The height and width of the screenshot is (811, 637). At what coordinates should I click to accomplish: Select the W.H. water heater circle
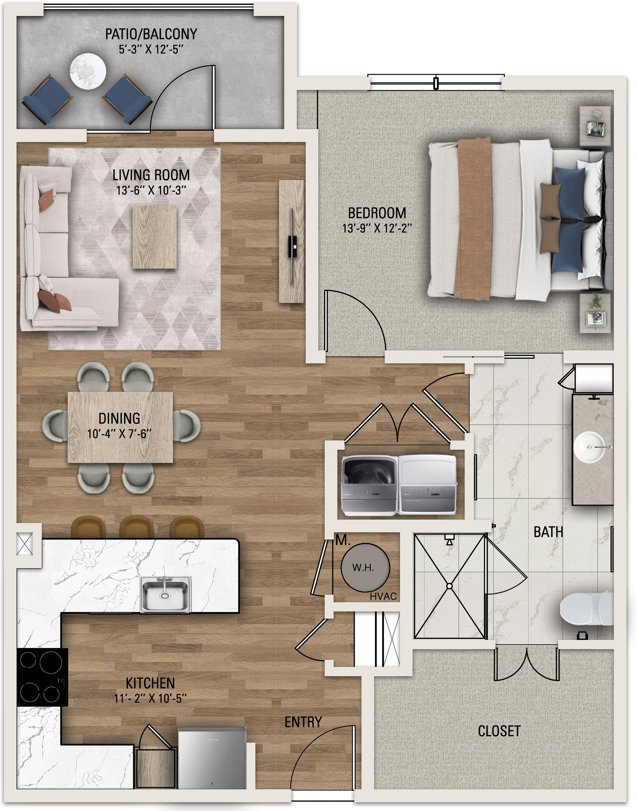pyautogui.click(x=365, y=568)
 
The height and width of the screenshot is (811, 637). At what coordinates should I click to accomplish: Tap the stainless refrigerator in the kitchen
pyautogui.click(x=212, y=758)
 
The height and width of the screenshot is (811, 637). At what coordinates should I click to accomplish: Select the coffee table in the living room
pyautogui.click(x=154, y=237)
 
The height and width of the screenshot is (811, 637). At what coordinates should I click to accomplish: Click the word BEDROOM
pyautogui.click(x=377, y=213)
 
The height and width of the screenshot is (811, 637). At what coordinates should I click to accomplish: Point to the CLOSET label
pyautogui.click(x=499, y=731)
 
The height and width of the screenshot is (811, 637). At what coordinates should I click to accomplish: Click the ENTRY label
pyautogui.click(x=303, y=722)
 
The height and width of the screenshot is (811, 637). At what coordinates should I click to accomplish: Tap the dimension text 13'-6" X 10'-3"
pyautogui.click(x=151, y=190)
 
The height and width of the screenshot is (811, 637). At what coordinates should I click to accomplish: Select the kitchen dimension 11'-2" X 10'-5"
pyautogui.click(x=150, y=698)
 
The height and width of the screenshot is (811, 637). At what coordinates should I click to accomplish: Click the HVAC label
pyautogui.click(x=383, y=596)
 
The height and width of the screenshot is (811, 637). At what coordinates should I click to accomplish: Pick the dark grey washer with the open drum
pyautogui.click(x=369, y=486)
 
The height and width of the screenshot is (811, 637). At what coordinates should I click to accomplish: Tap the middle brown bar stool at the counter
pyautogui.click(x=137, y=527)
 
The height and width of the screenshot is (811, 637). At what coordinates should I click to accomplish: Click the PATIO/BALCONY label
pyautogui.click(x=151, y=34)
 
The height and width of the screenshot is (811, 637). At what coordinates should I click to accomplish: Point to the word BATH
pyautogui.click(x=548, y=532)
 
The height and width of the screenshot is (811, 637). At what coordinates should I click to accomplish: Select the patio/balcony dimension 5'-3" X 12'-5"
pyautogui.click(x=151, y=49)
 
